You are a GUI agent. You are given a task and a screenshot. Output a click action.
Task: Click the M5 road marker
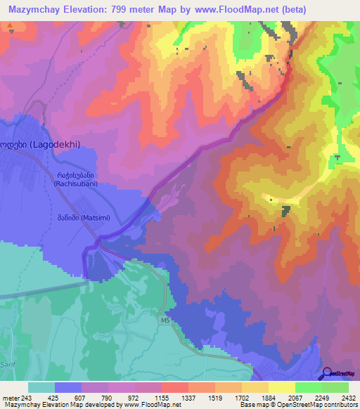(x=165, y=322)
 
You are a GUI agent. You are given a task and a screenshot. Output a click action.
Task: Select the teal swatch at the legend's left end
(x=41, y=387)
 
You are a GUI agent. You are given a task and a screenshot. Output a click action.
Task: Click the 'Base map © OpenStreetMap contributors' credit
(x=298, y=405)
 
